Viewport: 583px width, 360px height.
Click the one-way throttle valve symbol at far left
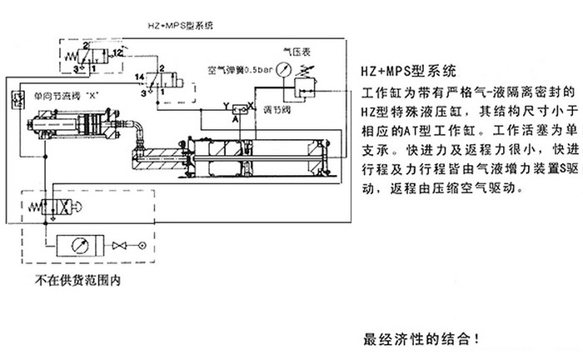click(x=16, y=99)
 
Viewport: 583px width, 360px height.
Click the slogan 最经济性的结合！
click(x=421, y=340)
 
